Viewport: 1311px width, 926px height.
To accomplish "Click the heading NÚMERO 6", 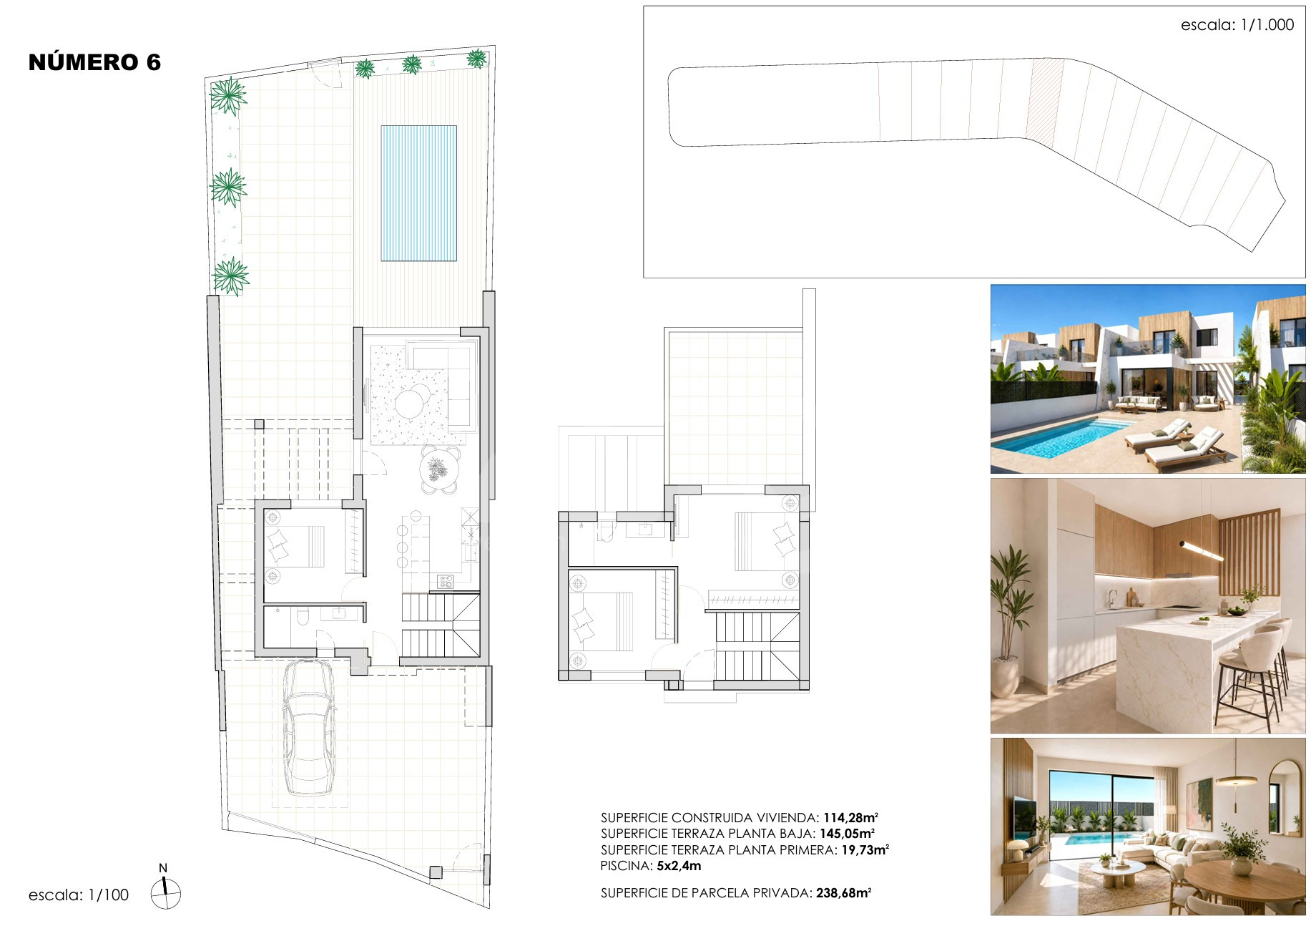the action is click(94, 62).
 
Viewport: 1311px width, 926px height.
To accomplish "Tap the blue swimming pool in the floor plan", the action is click(418, 193).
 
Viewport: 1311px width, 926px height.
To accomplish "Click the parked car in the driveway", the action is click(309, 727).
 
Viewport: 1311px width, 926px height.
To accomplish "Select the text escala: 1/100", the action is click(79, 895).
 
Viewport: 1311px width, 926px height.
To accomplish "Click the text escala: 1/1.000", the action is click(1237, 25).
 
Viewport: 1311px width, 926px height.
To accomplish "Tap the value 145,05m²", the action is click(847, 834).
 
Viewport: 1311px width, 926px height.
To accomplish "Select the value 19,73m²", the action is click(865, 849).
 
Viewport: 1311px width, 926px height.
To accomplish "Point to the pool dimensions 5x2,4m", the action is click(679, 866).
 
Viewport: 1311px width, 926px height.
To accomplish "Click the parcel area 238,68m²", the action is click(843, 893).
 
